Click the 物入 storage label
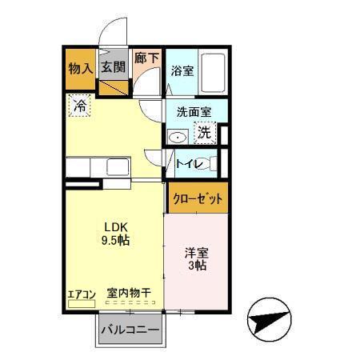click(x=80, y=69)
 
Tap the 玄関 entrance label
click(x=114, y=68)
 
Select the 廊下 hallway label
click(x=146, y=58)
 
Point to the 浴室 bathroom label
click(x=182, y=70)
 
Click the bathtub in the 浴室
click(x=213, y=72)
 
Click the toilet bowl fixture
click(x=206, y=165)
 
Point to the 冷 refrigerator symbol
click(x=81, y=105)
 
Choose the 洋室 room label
click(x=196, y=251)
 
